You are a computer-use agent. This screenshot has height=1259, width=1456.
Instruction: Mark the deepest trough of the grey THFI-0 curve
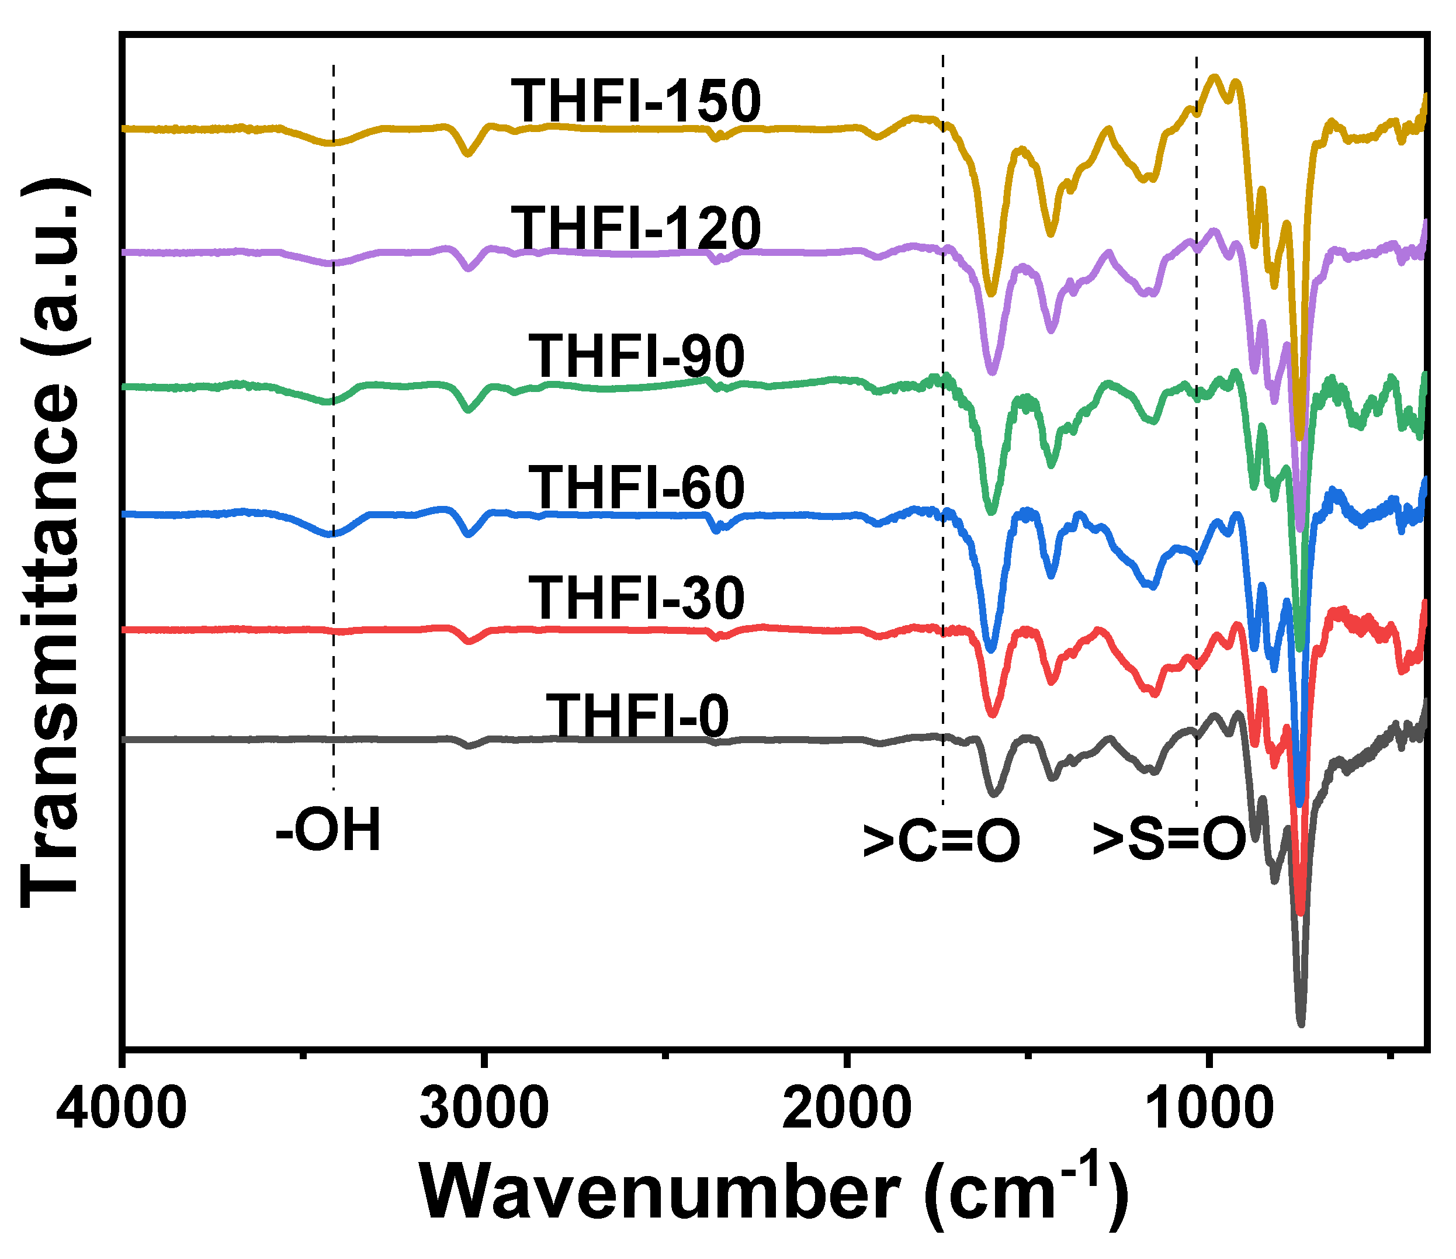click(1301, 1024)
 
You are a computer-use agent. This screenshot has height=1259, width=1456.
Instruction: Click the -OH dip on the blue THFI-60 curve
click(331, 535)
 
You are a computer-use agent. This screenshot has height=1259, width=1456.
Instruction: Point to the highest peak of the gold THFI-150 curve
click(1214, 77)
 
